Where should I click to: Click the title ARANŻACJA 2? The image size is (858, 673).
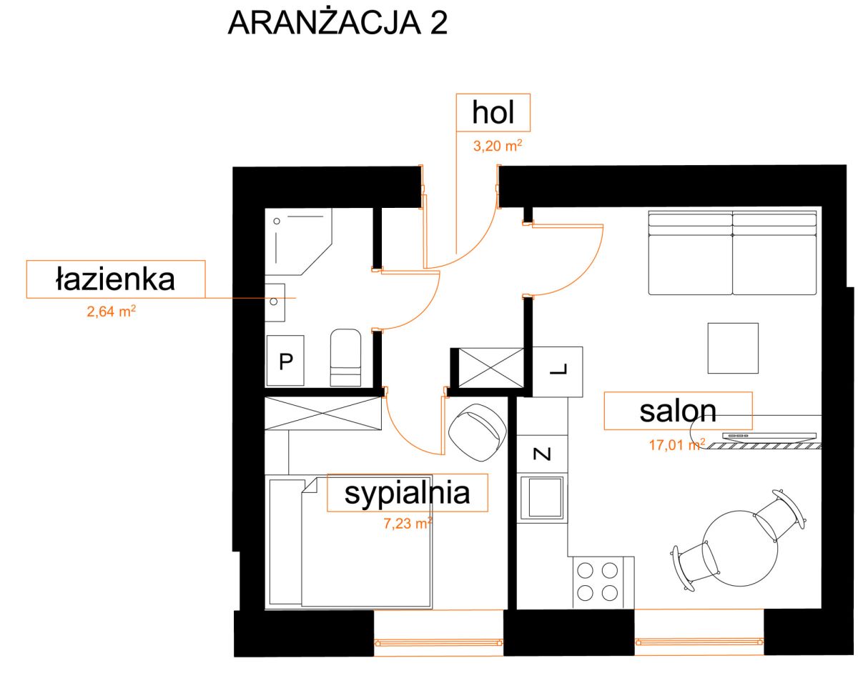pyautogui.click(x=337, y=24)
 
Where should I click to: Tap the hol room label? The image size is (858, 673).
pyautogui.click(x=493, y=112)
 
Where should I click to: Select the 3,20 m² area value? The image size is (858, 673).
pyautogui.click(x=498, y=146)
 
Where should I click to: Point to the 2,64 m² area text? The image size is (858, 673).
pyautogui.click(x=112, y=311)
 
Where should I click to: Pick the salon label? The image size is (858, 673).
pyautogui.click(x=678, y=411)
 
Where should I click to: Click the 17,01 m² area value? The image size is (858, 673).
pyautogui.click(x=677, y=445)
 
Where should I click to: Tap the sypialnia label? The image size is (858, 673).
pyautogui.click(x=407, y=494)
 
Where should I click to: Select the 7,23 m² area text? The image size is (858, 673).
pyautogui.click(x=408, y=523)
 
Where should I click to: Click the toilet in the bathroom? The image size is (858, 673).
pyautogui.click(x=345, y=357)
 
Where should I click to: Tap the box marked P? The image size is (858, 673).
pyautogui.click(x=285, y=360)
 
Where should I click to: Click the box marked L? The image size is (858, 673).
pyautogui.click(x=557, y=372)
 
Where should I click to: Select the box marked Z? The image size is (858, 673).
pyautogui.click(x=542, y=454)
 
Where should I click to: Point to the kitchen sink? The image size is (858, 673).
pyautogui.click(x=542, y=498)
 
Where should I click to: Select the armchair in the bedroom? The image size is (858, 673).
pyautogui.click(x=478, y=432)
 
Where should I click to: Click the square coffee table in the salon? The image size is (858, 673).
pyautogui.click(x=733, y=348)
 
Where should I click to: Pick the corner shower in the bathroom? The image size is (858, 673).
pyautogui.click(x=298, y=241)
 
